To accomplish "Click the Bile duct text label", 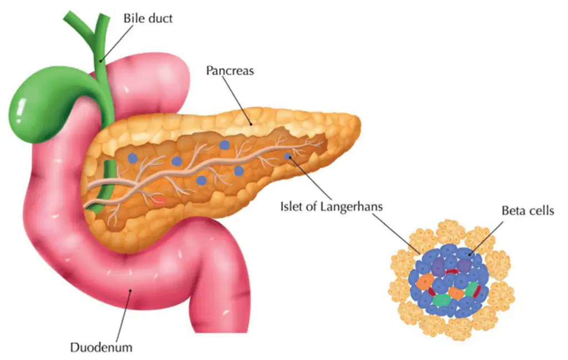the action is tap(148, 18).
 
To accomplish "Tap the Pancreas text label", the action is tap(230, 70).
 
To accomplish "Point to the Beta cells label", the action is tap(528, 210).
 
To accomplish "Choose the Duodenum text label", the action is tap(101, 347).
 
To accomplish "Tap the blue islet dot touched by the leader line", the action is tap(288, 156).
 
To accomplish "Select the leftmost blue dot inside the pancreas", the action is tap(133, 158).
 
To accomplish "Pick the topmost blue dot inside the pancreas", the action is tap(225, 145).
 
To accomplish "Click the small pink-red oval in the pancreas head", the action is tap(160, 200).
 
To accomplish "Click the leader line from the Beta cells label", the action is tap(486, 238).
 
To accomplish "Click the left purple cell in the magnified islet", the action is tap(438, 267).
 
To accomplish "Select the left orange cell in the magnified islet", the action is tap(424, 281).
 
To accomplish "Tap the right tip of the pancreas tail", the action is tap(360, 123).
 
